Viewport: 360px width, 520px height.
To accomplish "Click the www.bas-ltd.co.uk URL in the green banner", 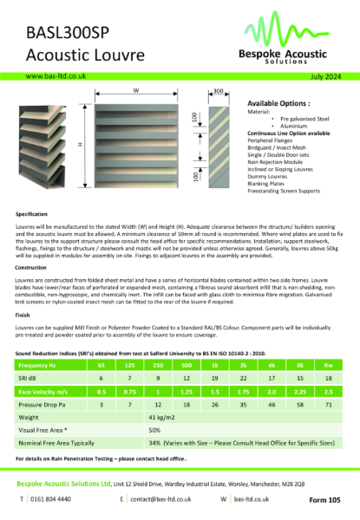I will click(x=56, y=76).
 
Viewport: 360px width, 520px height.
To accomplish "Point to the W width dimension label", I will click(x=136, y=90).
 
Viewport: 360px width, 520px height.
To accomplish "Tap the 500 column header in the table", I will click(x=187, y=342).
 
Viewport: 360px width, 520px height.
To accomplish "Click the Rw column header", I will click(x=328, y=342).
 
